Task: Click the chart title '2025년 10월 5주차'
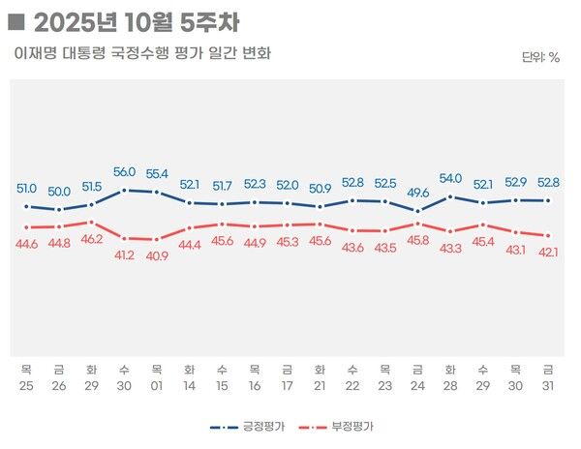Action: point(136,20)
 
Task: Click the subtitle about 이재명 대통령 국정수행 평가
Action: point(142,53)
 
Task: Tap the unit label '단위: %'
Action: point(540,57)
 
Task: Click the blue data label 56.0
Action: point(124,172)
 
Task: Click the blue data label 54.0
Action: point(450,178)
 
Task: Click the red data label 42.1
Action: point(548,254)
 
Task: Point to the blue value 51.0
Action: point(26,189)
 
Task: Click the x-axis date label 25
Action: point(26,385)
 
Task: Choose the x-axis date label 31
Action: point(548,385)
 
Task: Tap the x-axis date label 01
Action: point(157,385)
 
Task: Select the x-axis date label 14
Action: point(190,385)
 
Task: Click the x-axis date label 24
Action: point(417,385)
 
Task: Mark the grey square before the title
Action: point(15,20)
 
